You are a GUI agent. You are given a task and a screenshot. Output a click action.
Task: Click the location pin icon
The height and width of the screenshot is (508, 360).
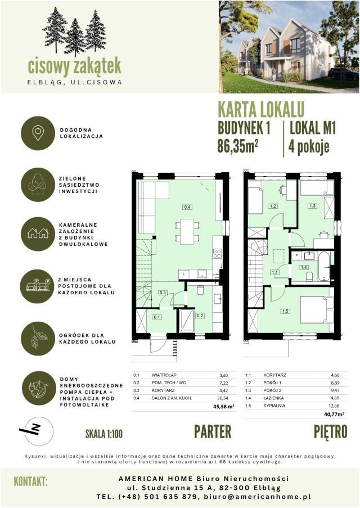(x=38, y=133)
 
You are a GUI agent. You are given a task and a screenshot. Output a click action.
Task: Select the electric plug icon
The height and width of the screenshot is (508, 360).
(x=38, y=390)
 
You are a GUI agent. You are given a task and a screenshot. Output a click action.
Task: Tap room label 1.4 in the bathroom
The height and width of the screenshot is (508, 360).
(x=304, y=267)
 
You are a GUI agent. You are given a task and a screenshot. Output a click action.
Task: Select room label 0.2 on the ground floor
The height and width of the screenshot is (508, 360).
(x=200, y=316)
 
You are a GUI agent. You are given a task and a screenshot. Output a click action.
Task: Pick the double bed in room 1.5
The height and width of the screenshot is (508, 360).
(x=316, y=310)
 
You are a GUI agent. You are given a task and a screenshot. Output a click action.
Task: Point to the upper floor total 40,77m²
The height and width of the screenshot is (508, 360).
(x=333, y=413)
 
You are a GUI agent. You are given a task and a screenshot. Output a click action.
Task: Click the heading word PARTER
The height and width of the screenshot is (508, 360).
(x=213, y=431)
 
